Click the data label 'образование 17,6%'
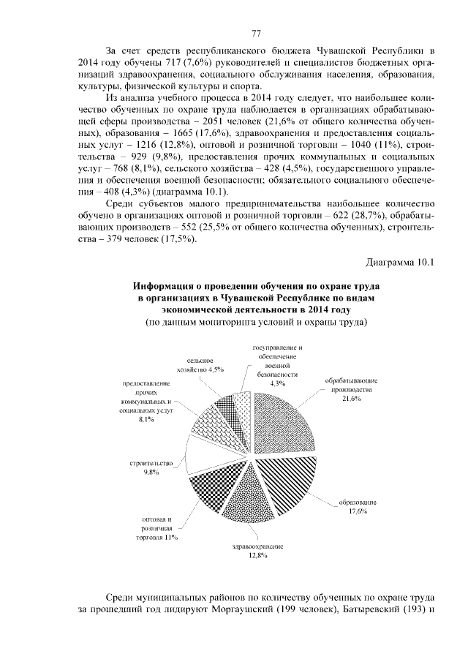(357, 505)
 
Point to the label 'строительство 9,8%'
(151, 467)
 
